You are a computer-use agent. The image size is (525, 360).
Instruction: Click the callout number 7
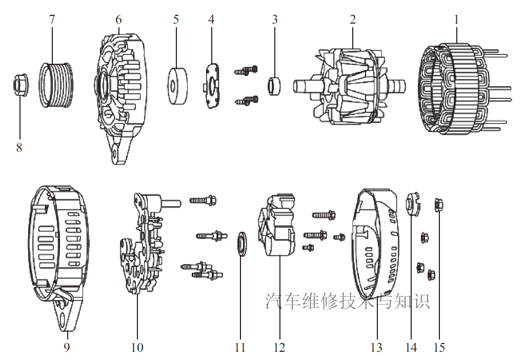pos(52,19)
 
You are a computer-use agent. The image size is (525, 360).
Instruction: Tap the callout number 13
pos(376,347)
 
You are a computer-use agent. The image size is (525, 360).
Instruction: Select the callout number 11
pos(240,347)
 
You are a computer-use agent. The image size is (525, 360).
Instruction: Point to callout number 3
pos(275,19)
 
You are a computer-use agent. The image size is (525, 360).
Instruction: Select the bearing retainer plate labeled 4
pos(212,86)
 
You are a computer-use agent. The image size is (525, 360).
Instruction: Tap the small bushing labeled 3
pos(276,84)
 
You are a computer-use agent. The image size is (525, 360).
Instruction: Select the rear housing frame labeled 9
pos(57,251)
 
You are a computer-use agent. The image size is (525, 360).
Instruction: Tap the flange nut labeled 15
pos(439,204)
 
